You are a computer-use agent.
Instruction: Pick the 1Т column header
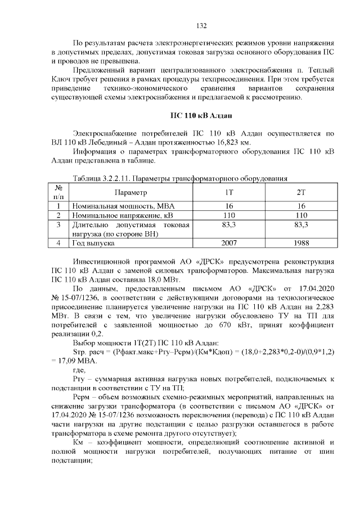[229, 192]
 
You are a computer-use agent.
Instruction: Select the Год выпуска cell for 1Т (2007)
[229, 244]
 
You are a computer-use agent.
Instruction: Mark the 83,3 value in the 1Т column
[229, 224]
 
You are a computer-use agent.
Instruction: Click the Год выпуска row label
[93, 244]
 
